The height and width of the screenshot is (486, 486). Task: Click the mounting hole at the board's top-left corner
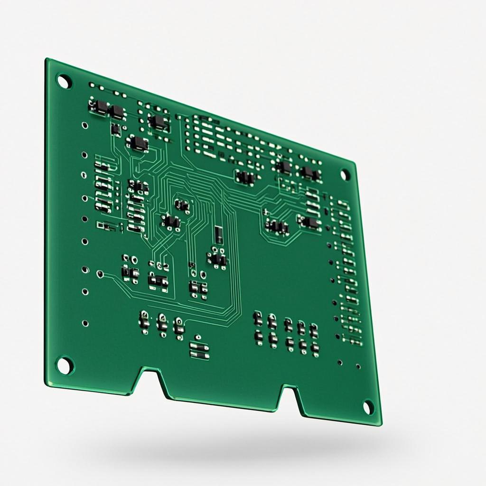64,81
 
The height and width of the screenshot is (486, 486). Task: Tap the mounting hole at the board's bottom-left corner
65,365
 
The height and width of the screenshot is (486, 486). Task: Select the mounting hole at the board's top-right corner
345,174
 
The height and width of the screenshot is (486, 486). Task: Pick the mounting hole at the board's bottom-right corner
368,407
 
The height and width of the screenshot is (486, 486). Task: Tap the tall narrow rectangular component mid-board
218,234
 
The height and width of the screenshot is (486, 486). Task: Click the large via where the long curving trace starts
100,273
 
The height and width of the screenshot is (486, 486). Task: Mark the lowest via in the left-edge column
85,323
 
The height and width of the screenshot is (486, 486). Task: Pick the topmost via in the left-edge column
84,126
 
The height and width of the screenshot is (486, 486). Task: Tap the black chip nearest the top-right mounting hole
309,173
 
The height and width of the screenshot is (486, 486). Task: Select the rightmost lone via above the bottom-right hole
358,366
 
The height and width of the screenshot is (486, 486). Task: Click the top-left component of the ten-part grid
258,318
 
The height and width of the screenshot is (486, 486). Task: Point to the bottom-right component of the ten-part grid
315,349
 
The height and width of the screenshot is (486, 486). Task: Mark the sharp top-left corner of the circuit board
47,59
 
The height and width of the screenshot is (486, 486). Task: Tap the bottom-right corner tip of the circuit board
381,424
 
